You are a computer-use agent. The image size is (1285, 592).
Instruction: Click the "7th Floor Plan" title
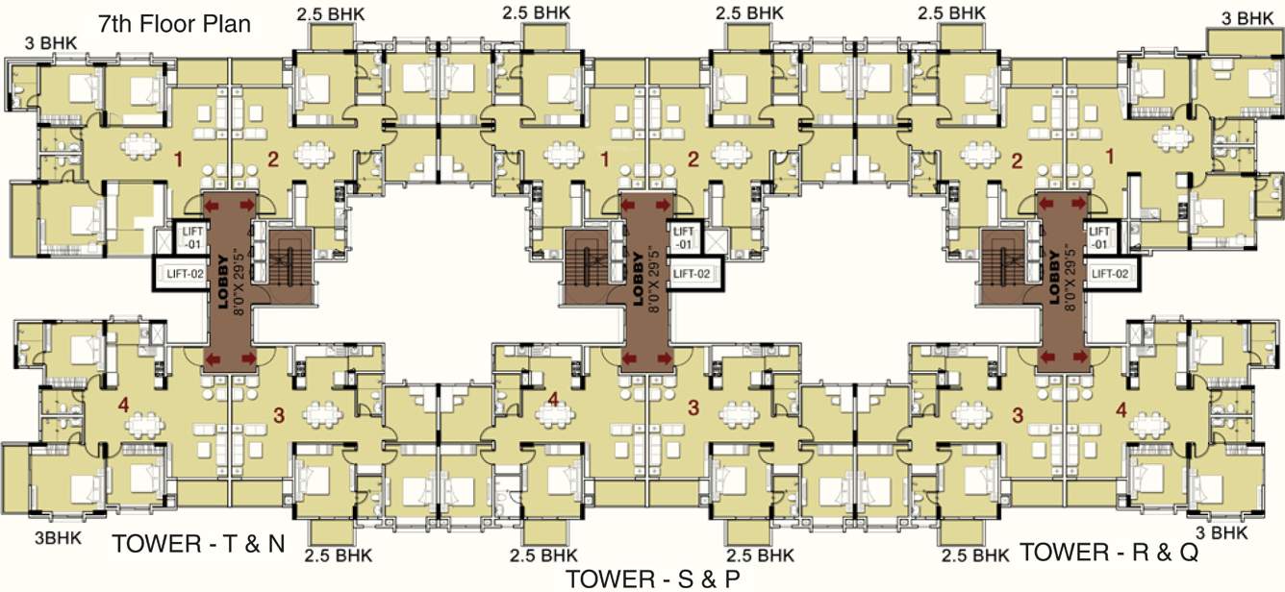coord(174,24)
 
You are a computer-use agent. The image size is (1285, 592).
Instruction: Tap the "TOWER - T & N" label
coord(199,544)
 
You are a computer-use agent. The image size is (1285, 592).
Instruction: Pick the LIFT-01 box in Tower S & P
coord(684,238)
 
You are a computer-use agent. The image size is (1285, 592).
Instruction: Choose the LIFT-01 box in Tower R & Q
coord(1099,237)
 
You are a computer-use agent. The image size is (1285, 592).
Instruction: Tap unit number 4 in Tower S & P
coord(552,399)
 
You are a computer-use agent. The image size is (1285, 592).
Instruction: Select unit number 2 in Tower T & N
coord(272,160)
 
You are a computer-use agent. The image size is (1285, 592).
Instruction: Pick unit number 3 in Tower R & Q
coord(1018,415)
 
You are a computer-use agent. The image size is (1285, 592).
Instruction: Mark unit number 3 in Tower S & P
coord(693,408)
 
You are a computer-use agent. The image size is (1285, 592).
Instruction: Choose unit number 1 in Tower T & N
coord(176,154)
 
